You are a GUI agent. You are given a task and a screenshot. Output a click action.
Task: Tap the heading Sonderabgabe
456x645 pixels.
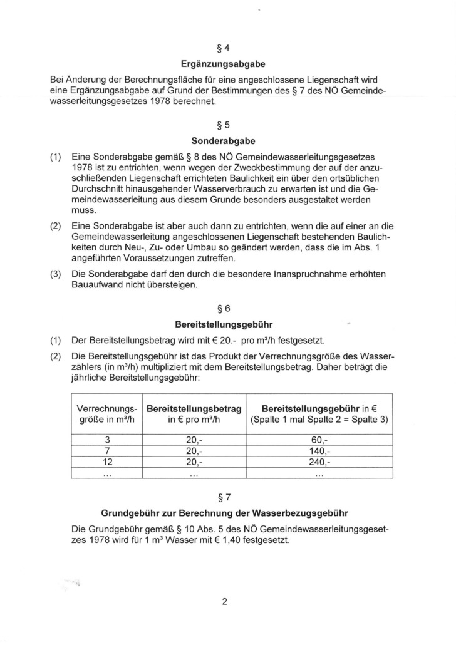click(x=227, y=141)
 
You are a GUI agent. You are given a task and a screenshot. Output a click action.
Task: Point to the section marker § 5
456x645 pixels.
click(x=227, y=124)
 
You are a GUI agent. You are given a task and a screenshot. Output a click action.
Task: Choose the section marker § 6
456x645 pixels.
click(x=227, y=308)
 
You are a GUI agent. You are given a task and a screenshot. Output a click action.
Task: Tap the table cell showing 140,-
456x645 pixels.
click(x=319, y=452)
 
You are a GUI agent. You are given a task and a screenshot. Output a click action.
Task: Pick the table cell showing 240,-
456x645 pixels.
click(x=319, y=463)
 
